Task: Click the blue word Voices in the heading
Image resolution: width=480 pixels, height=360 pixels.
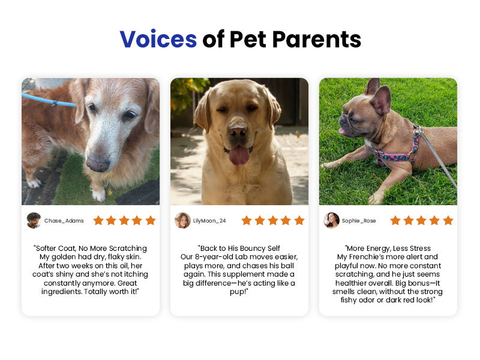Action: [158, 39]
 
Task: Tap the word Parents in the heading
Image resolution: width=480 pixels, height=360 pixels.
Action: [317, 39]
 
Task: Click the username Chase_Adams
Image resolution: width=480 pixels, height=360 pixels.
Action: [64, 221]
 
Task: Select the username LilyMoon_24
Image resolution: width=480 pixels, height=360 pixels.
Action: [209, 221]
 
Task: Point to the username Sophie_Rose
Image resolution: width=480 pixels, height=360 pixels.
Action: [359, 221]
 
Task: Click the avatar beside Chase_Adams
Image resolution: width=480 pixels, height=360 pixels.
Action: [34, 220]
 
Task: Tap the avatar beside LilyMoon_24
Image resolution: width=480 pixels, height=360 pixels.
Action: [182, 220]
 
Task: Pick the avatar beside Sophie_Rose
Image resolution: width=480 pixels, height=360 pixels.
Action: [332, 220]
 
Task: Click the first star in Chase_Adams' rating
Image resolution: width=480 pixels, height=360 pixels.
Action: [98, 220]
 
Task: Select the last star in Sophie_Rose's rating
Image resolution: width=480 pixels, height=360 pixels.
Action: [448, 220]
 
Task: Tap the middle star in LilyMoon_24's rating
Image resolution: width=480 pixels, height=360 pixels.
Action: [273, 220]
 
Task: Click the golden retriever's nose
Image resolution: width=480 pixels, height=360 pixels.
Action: [98, 164]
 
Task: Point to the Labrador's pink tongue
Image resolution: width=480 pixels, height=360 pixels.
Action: [239, 155]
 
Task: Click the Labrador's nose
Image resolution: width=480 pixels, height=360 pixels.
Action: [238, 132]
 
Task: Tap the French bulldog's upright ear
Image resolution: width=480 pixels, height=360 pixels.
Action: [381, 100]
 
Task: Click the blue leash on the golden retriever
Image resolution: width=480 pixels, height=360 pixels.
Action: [49, 100]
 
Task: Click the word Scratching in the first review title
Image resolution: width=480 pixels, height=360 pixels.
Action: [128, 248]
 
